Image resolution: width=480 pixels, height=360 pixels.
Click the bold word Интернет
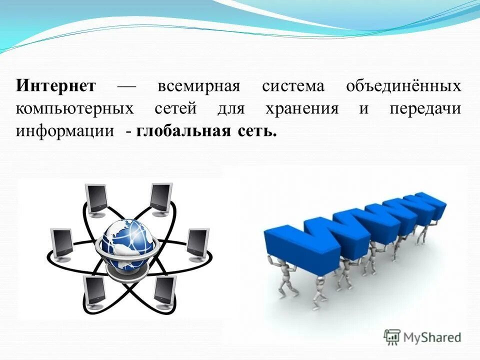pyautogui.click(x=55, y=86)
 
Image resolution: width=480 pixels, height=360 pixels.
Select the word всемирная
pyautogui.click(x=199, y=86)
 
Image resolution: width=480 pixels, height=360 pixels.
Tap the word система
pyautogui.click(x=293, y=86)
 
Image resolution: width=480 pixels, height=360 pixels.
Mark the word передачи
pyautogui.click(x=425, y=109)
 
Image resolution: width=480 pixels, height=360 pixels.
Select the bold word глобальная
pyautogui.click(x=183, y=131)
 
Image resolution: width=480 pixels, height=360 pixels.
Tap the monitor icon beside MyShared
pyautogui.click(x=392, y=336)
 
